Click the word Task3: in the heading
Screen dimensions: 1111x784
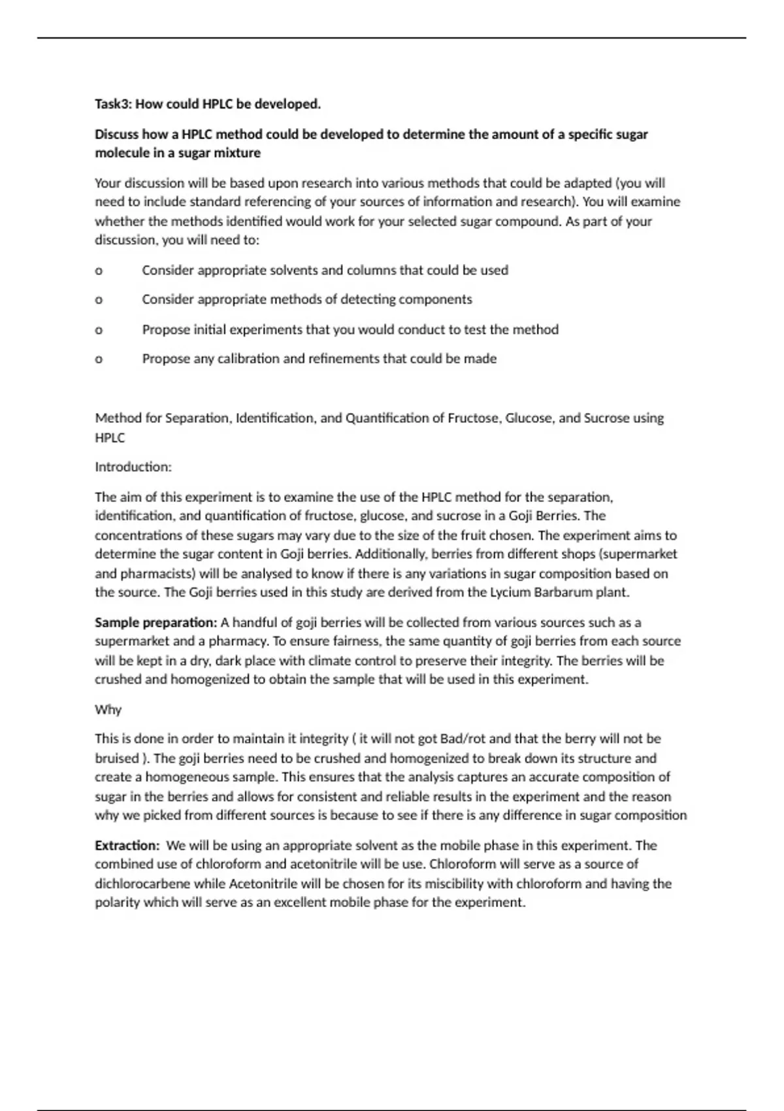pyautogui.click(x=112, y=104)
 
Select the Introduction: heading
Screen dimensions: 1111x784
pyautogui.click(x=133, y=467)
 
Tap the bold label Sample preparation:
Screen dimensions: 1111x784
pyautogui.click(x=155, y=622)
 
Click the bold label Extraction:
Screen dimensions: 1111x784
pyautogui.click(x=127, y=845)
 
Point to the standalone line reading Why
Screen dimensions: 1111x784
pyautogui.click(x=108, y=709)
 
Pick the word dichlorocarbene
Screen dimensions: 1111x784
pyautogui.click(x=142, y=884)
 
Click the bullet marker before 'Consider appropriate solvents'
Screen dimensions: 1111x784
pyautogui.click(x=99, y=271)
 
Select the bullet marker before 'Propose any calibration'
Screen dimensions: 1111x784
pyautogui.click(x=99, y=359)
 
